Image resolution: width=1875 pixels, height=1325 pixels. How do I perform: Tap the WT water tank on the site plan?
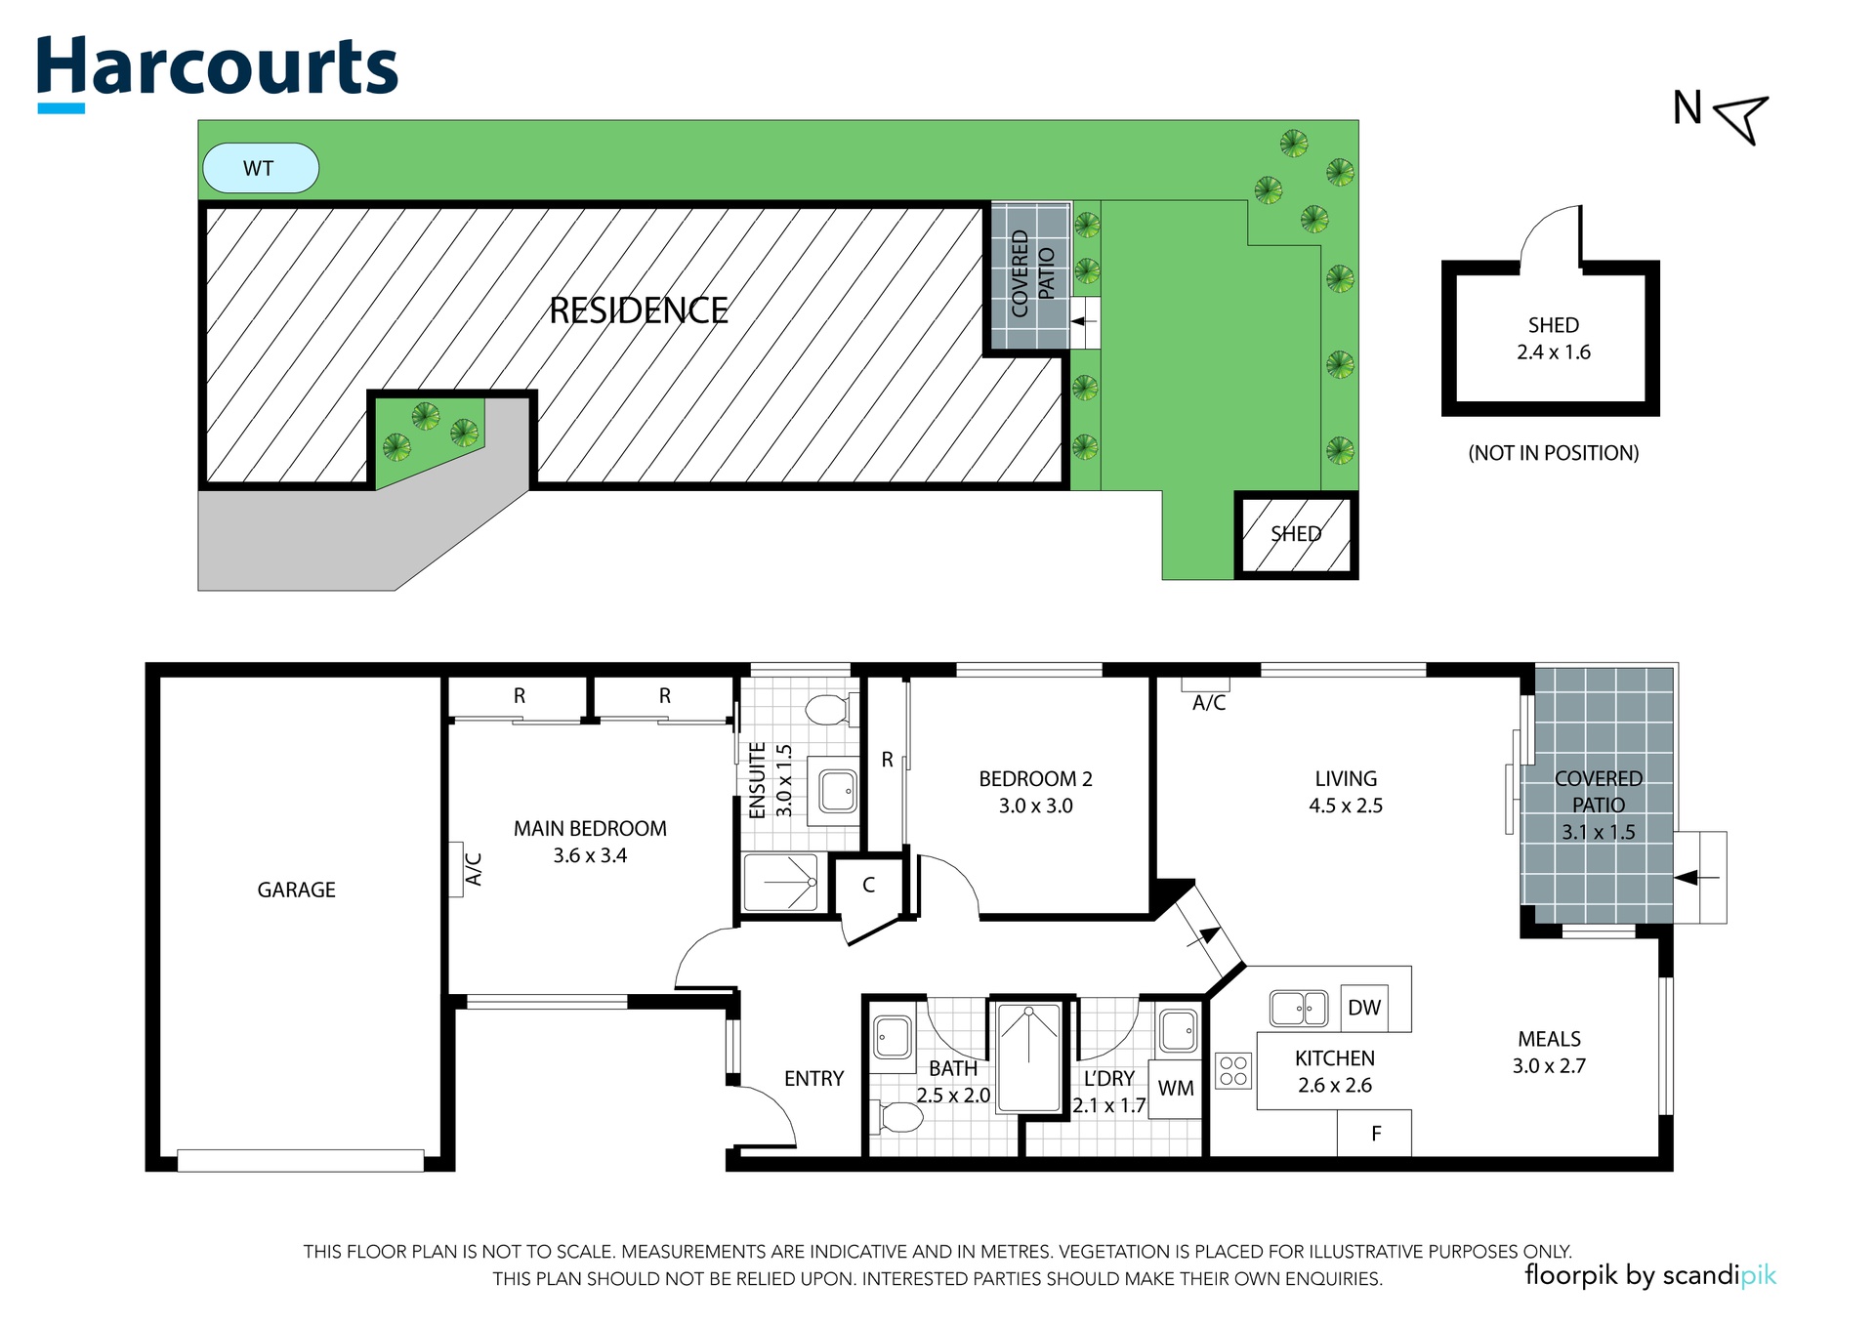260,168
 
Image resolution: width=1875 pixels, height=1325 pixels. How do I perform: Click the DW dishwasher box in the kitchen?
1364,1008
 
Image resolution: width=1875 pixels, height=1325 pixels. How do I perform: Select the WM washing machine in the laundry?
1176,1089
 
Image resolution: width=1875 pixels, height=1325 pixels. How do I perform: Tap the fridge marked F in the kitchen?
1375,1134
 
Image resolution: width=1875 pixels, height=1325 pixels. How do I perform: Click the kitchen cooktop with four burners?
1233,1070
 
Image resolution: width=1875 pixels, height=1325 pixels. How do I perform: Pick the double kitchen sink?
1299,1008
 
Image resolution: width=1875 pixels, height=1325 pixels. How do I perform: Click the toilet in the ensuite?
832,710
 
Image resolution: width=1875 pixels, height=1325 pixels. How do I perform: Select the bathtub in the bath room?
1029,1057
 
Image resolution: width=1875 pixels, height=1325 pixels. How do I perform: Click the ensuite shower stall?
781,882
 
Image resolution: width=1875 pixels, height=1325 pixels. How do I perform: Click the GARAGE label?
297,890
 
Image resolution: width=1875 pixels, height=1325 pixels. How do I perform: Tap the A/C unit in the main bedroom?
456,869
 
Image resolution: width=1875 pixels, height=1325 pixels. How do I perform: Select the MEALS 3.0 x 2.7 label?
1549,1053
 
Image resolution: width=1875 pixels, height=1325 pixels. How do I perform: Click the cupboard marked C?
868,886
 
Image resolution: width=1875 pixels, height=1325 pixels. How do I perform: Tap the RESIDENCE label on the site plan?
639,311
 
